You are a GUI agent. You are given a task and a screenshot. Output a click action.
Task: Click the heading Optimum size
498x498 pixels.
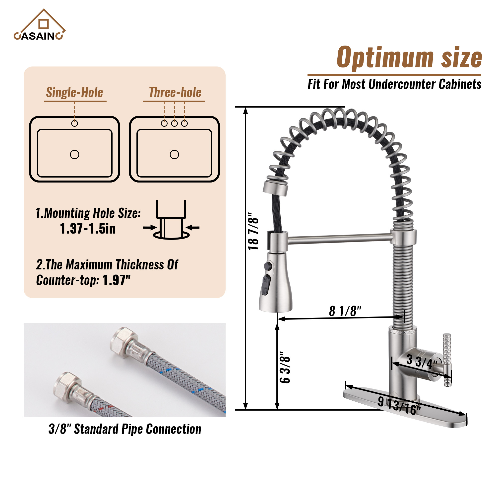click(x=409, y=58)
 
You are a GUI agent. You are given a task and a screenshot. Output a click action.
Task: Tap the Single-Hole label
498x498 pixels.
click(x=74, y=92)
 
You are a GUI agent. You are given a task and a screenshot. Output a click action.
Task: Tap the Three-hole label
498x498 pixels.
click(x=175, y=92)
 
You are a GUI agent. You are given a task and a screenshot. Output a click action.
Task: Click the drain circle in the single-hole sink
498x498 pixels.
click(x=74, y=155)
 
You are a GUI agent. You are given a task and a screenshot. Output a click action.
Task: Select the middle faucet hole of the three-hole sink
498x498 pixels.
click(x=174, y=124)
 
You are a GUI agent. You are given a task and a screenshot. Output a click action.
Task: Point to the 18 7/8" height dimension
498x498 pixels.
click(x=253, y=231)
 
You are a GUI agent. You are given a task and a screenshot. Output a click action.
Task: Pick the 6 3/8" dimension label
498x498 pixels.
click(x=285, y=367)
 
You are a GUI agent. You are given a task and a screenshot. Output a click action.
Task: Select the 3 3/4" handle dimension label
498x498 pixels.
click(x=421, y=362)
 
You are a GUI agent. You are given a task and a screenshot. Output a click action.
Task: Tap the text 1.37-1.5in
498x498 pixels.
click(x=88, y=229)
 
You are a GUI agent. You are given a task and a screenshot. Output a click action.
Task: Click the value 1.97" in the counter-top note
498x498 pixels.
click(x=117, y=280)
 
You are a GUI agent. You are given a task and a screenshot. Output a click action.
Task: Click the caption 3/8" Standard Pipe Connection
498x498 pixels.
click(x=125, y=429)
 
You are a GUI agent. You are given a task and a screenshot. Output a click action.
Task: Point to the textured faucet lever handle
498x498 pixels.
click(x=447, y=360)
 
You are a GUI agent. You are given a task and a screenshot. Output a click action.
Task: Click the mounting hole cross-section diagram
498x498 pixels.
click(x=171, y=220)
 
